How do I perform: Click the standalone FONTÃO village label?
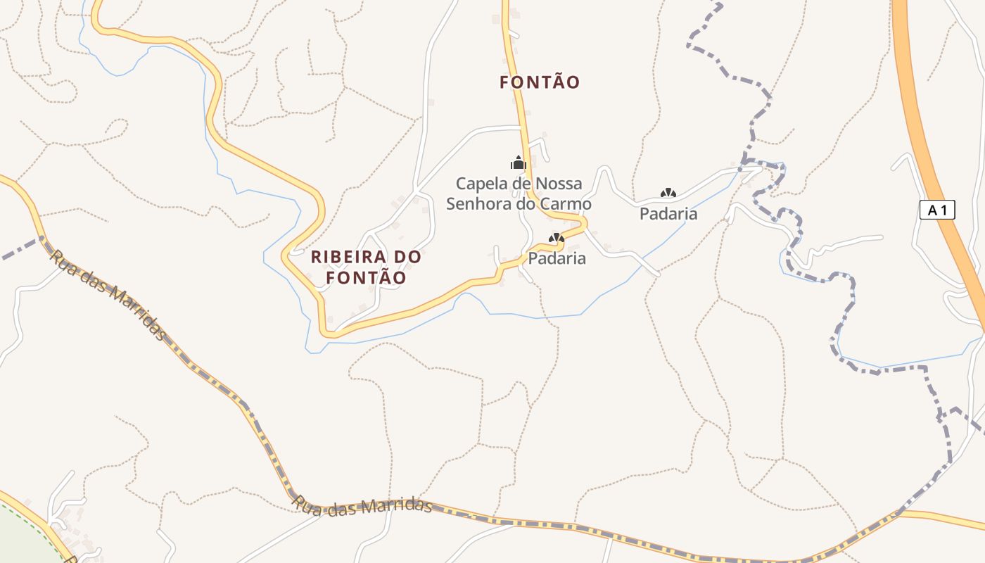[x=540, y=82]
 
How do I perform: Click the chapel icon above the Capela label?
[x=519, y=164]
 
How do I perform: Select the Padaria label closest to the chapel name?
[x=557, y=258]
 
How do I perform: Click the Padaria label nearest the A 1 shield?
[x=668, y=214]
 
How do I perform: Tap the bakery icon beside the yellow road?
[x=556, y=239]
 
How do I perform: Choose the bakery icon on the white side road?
[x=668, y=193]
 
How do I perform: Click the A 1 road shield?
[x=937, y=209]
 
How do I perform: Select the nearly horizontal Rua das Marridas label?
[x=362, y=507]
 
